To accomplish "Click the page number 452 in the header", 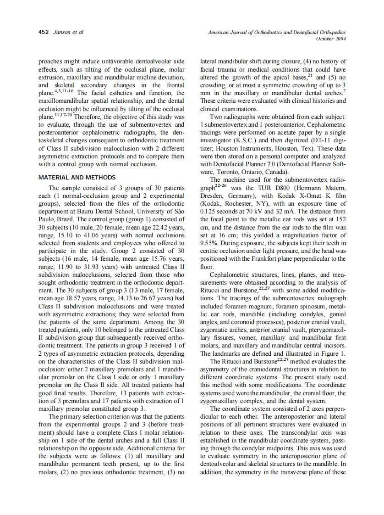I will (44, 33).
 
